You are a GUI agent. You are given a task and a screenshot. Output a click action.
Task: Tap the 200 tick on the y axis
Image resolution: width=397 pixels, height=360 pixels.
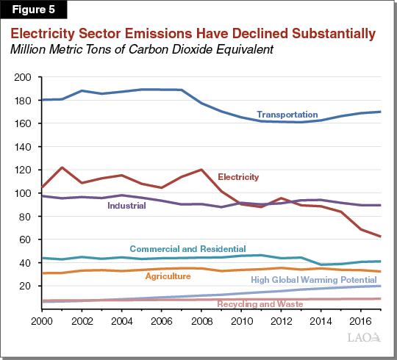tap(25, 77)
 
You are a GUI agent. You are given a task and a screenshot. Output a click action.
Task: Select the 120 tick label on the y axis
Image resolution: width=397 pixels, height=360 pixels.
tap(25, 170)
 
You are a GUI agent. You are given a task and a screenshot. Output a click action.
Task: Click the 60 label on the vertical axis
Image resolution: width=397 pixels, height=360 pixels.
tap(27, 240)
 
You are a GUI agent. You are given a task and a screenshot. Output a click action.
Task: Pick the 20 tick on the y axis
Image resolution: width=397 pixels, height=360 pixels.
tap(27, 286)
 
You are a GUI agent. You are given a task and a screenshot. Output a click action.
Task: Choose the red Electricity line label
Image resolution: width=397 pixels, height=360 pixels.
tap(238, 177)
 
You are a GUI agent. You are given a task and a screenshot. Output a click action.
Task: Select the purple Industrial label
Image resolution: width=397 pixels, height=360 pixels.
tap(126, 206)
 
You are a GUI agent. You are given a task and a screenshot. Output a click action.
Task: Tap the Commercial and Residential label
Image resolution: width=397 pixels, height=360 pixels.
tap(187, 250)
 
